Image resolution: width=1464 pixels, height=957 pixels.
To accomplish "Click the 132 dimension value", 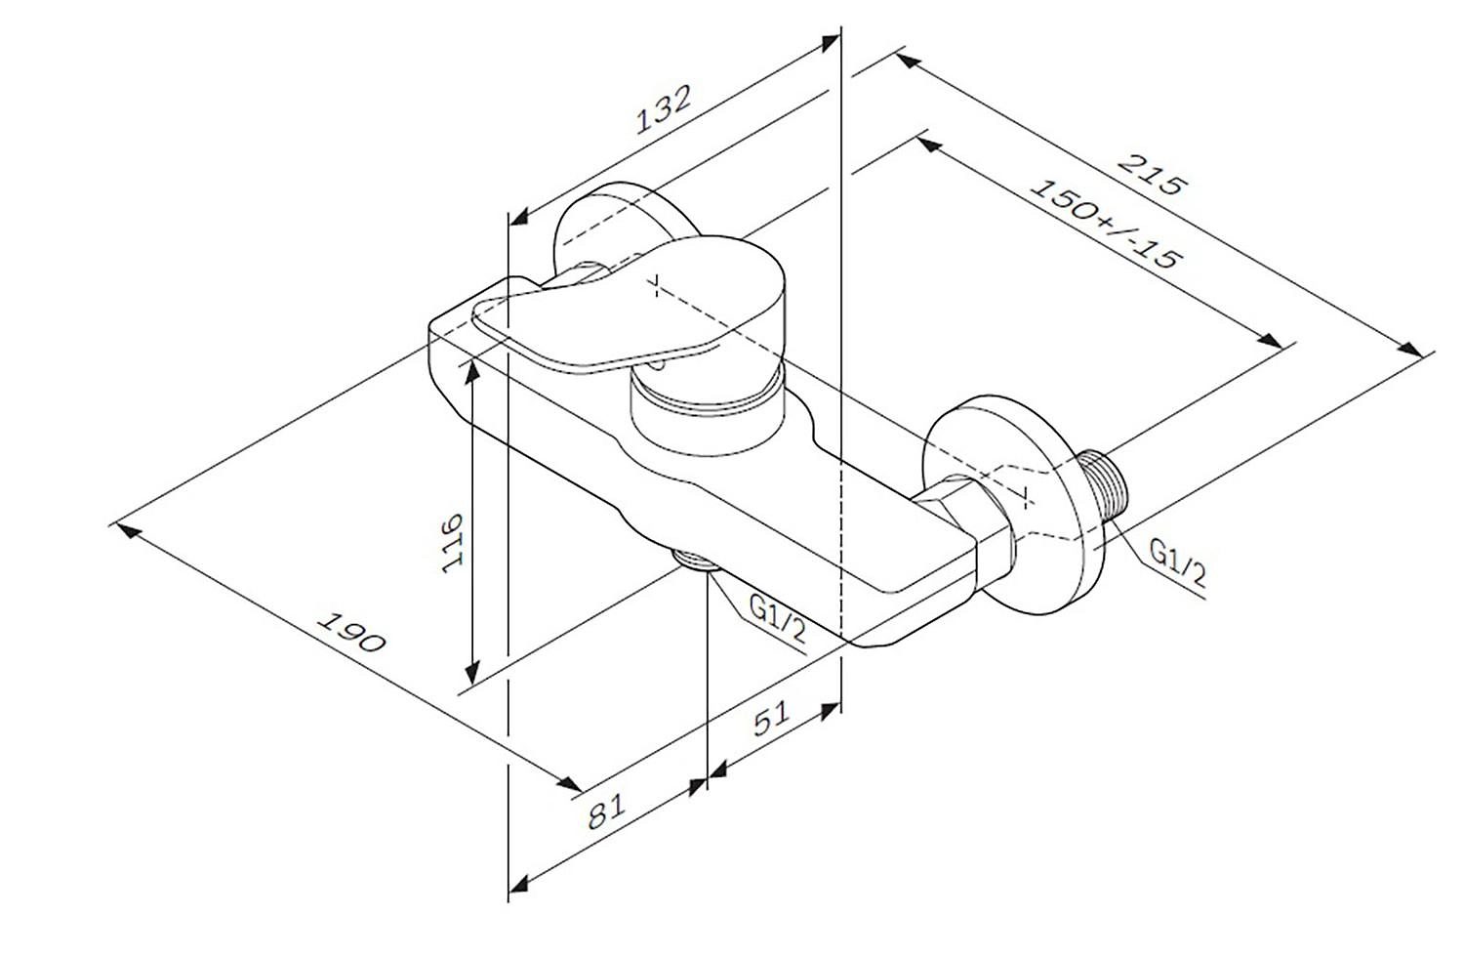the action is click(663, 109).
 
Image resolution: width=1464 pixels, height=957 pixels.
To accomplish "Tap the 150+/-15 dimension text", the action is click(1106, 224).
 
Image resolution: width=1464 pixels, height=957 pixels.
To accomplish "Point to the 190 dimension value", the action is click(351, 633).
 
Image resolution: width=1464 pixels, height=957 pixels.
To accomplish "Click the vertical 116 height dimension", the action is click(452, 543).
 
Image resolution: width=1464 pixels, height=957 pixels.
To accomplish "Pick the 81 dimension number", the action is click(606, 811).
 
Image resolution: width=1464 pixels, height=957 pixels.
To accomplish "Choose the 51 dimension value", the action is click(772, 718).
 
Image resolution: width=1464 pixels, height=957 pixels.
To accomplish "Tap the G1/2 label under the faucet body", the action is click(777, 619).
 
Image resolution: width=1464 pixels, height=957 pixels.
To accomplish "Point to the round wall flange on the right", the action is click(1013, 504).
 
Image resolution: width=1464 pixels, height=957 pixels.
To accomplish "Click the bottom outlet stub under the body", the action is click(695, 560).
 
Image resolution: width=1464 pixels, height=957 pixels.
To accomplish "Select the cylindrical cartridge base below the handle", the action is click(708, 412).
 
